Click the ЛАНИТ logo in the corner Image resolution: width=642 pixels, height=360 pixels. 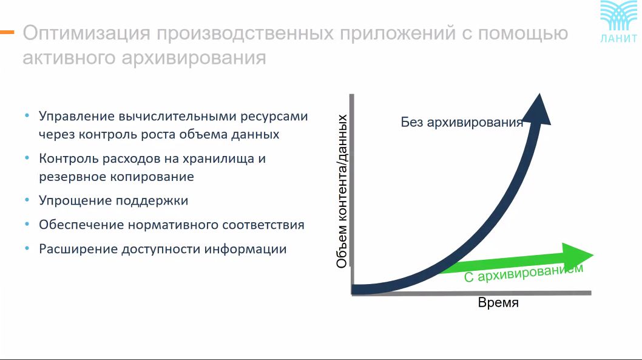pyautogui.click(x=618, y=22)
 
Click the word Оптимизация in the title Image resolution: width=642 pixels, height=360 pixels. pyautogui.click(x=86, y=33)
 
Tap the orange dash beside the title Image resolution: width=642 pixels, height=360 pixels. pyautogui.click(x=7, y=32)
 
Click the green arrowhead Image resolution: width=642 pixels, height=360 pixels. pyautogui.click(x=577, y=255)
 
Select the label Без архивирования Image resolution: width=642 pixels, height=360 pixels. pyautogui.click(x=462, y=122)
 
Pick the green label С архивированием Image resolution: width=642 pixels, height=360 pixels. pyautogui.click(x=524, y=273)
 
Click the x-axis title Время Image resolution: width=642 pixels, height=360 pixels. pyautogui.click(x=498, y=303)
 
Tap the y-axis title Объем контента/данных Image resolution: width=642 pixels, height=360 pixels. pyautogui.click(x=342, y=191)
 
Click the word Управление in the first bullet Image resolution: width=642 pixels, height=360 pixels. pyautogui.click(x=76, y=117)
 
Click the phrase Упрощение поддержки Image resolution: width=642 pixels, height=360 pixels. pyautogui.click(x=113, y=201)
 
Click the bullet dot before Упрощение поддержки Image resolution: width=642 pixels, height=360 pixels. pyautogui.click(x=27, y=200)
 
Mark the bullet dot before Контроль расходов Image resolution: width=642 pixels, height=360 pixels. pyautogui.click(x=27, y=158)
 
